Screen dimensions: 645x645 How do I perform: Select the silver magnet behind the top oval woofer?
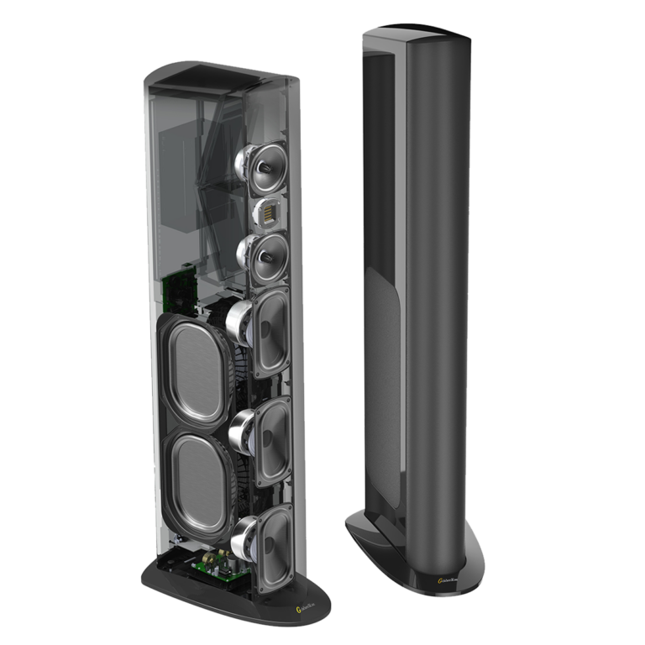click(239, 320)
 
